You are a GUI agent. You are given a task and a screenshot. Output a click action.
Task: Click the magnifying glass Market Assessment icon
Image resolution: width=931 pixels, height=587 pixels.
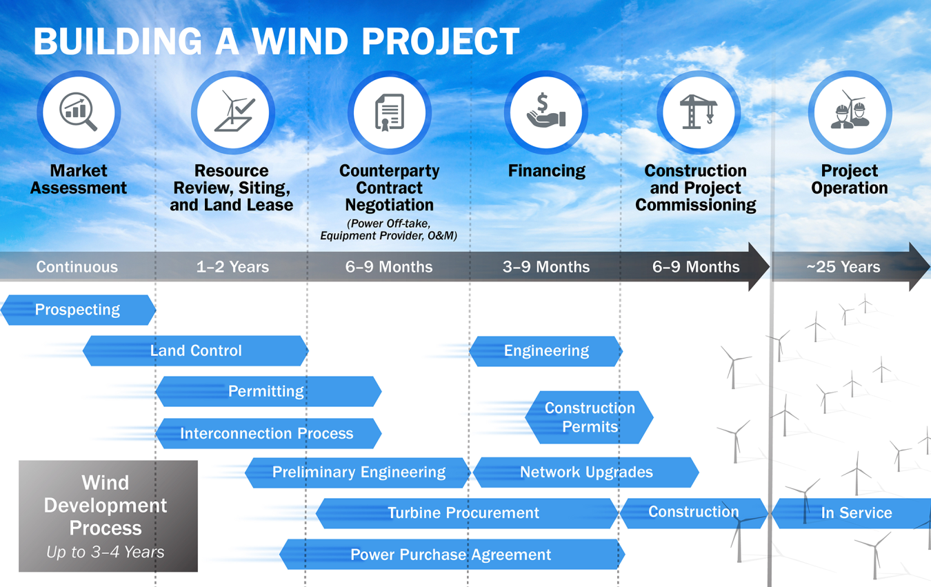click(x=79, y=112)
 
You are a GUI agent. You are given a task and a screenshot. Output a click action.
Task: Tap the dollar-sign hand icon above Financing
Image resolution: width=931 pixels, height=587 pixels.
click(x=546, y=112)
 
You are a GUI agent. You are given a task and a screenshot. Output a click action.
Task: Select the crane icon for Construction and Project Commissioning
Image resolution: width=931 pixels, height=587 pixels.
click(x=698, y=112)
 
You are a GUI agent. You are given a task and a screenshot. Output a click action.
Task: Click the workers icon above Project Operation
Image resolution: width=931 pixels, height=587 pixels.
click(x=850, y=112)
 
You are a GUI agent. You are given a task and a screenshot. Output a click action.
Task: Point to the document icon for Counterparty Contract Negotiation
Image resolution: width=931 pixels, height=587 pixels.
click(x=390, y=112)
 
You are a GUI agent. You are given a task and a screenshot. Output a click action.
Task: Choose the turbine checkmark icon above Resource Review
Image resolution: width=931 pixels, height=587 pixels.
click(x=233, y=112)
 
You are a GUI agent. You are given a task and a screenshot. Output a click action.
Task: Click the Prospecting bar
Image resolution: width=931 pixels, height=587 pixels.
click(x=78, y=310)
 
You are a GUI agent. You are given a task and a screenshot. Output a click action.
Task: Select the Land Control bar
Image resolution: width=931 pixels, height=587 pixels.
click(x=196, y=350)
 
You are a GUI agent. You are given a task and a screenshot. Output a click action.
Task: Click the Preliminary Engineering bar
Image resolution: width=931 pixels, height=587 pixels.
click(x=359, y=472)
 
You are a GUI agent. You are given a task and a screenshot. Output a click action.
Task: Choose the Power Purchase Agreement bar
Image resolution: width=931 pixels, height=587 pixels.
click(x=452, y=555)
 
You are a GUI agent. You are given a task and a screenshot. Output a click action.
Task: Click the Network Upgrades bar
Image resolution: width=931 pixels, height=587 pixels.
click(x=586, y=472)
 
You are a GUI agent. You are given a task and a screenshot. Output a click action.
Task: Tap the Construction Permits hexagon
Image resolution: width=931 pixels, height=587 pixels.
click(x=590, y=417)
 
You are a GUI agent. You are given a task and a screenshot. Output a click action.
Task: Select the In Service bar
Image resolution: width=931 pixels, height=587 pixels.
click(x=855, y=513)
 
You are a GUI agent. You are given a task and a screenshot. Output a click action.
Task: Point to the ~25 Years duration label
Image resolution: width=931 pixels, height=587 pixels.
click(x=843, y=267)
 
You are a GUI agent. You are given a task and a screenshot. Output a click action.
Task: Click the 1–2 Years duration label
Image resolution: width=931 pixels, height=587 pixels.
click(x=232, y=267)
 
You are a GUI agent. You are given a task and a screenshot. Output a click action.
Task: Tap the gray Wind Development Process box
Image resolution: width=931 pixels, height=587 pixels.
click(x=108, y=516)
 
